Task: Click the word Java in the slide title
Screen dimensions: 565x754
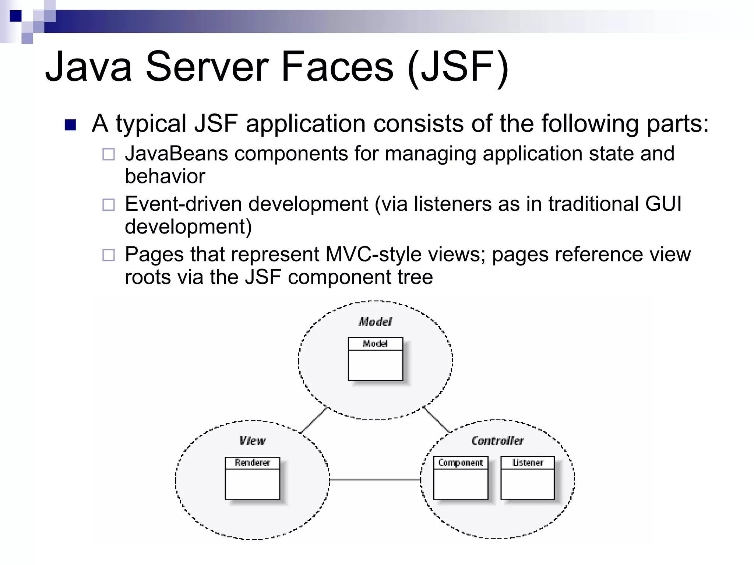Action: pyautogui.click(x=88, y=67)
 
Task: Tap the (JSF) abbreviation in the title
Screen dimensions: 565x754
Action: pyautogui.click(x=458, y=68)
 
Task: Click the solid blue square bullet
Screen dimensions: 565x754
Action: pyautogui.click(x=70, y=125)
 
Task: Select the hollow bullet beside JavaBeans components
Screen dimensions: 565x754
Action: pyautogui.click(x=108, y=154)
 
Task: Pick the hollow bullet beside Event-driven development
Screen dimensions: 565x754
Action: pyautogui.click(x=108, y=204)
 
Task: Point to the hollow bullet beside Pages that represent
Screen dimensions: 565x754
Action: pyautogui.click(x=108, y=255)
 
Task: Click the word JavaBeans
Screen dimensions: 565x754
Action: pyautogui.click(x=176, y=154)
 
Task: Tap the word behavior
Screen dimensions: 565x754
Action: pyautogui.click(x=165, y=176)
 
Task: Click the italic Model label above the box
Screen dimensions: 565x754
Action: pyautogui.click(x=375, y=322)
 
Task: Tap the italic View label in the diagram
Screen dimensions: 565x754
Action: pyautogui.click(x=252, y=441)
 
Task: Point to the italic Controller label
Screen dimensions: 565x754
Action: pyautogui.click(x=497, y=441)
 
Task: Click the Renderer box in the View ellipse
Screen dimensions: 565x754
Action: pyautogui.click(x=253, y=478)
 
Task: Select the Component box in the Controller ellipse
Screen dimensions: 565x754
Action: pyautogui.click(x=461, y=478)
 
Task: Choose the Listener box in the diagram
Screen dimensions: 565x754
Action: pyautogui.click(x=528, y=478)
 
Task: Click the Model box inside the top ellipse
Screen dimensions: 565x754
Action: pyautogui.click(x=376, y=359)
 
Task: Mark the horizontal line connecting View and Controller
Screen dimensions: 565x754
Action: pyautogui.click(x=375, y=480)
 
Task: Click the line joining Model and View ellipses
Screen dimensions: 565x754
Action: pyautogui.click(x=314, y=420)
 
